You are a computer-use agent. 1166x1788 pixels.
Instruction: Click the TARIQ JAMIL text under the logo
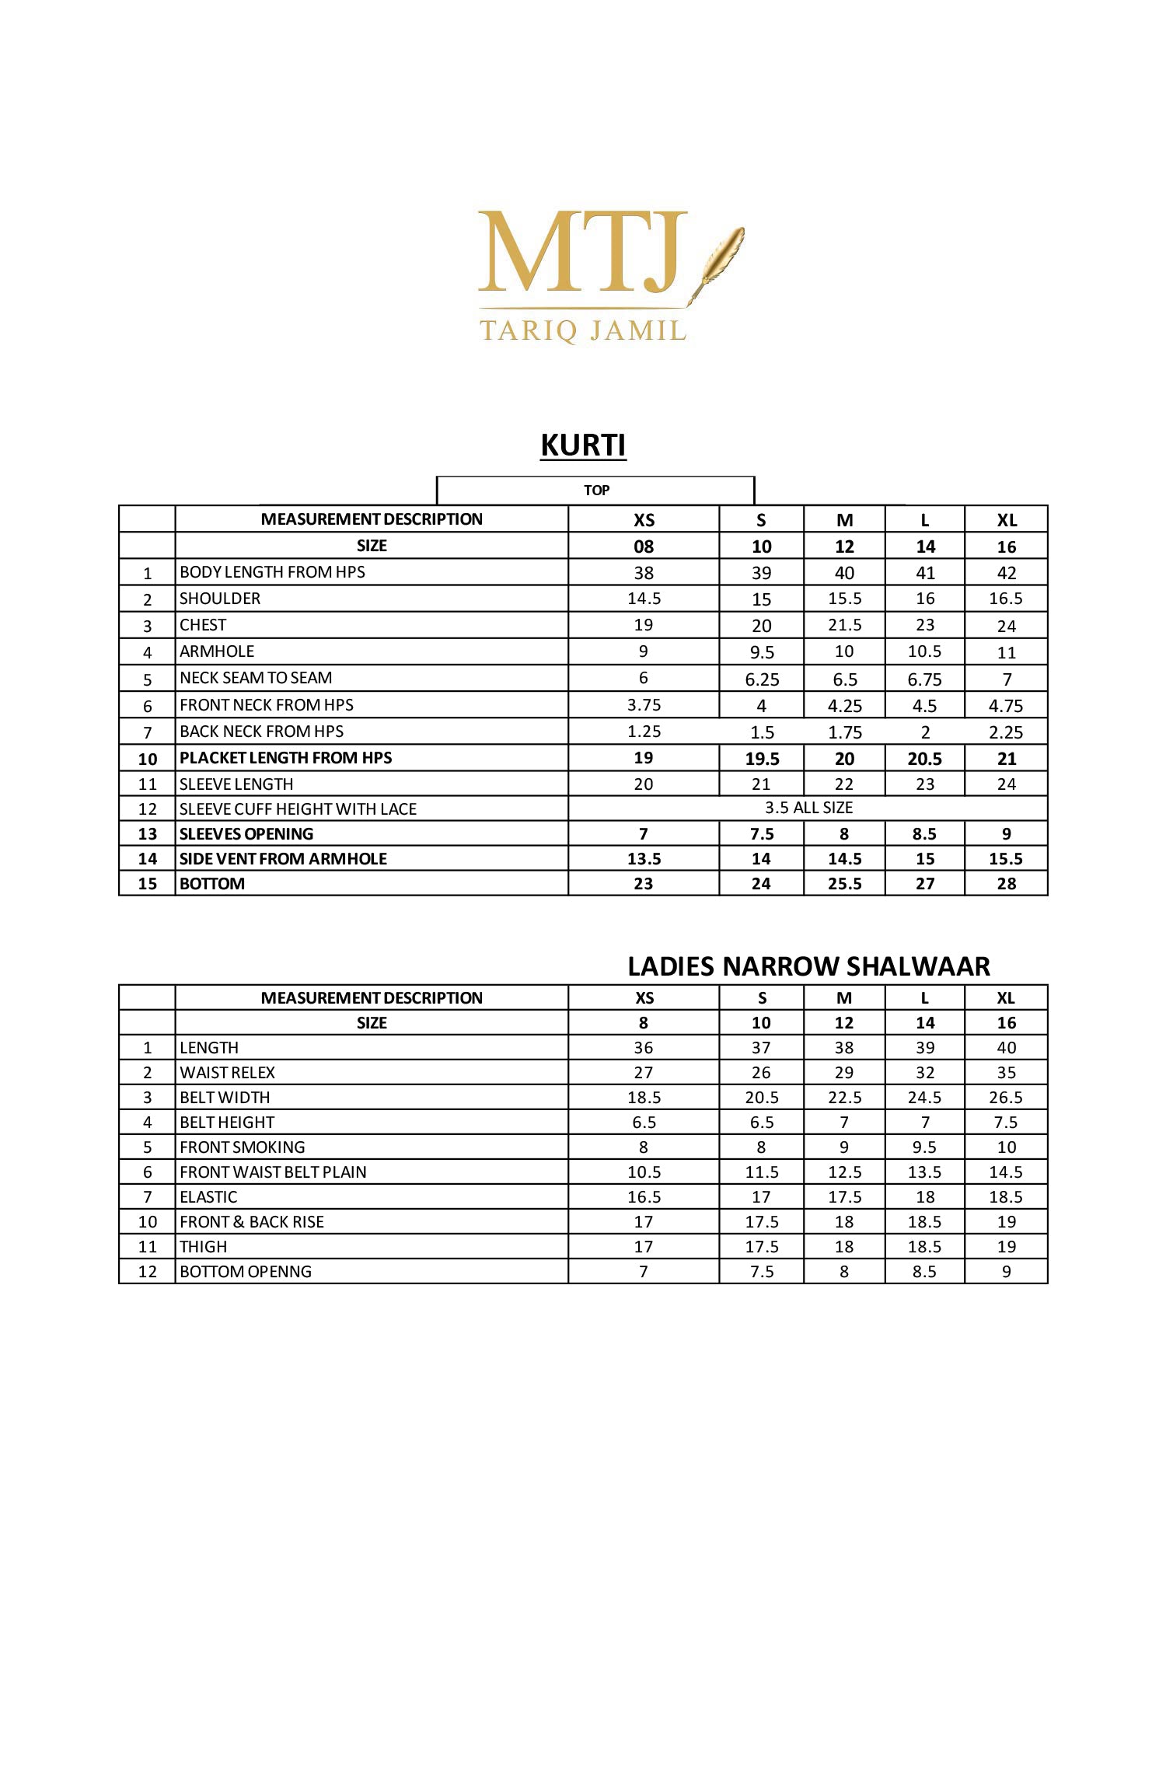(x=583, y=330)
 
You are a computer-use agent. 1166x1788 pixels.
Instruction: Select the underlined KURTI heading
(x=583, y=445)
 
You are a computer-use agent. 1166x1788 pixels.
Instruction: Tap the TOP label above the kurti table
(x=596, y=491)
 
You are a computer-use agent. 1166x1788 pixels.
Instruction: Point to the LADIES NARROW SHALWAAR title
(x=808, y=966)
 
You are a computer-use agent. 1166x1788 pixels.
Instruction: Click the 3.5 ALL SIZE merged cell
(x=808, y=808)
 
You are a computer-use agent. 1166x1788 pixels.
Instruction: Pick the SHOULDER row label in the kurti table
(x=220, y=599)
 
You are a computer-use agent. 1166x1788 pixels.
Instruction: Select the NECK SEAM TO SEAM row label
(x=256, y=678)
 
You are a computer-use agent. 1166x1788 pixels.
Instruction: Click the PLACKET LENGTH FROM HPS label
(x=285, y=758)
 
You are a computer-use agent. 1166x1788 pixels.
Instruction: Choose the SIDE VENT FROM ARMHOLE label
(x=283, y=859)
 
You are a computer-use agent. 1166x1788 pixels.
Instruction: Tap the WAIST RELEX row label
(x=227, y=1073)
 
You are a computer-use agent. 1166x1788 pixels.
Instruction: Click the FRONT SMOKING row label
(x=242, y=1147)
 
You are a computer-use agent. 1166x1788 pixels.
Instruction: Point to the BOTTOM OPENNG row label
(x=246, y=1272)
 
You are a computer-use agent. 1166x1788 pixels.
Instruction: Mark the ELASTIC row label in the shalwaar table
(x=208, y=1197)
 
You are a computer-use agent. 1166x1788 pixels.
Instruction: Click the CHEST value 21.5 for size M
(x=844, y=625)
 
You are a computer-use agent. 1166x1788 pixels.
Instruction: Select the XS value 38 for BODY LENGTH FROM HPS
(x=644, y=573)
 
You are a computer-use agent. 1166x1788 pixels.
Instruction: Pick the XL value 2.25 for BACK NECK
(x=1006, y=732)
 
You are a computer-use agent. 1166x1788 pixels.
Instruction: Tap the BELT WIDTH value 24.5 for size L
(x=924, y=1098)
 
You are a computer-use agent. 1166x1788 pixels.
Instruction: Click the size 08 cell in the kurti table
(x=644, y=547)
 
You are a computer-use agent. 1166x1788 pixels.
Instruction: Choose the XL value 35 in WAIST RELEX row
(x=1006, y=1073)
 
